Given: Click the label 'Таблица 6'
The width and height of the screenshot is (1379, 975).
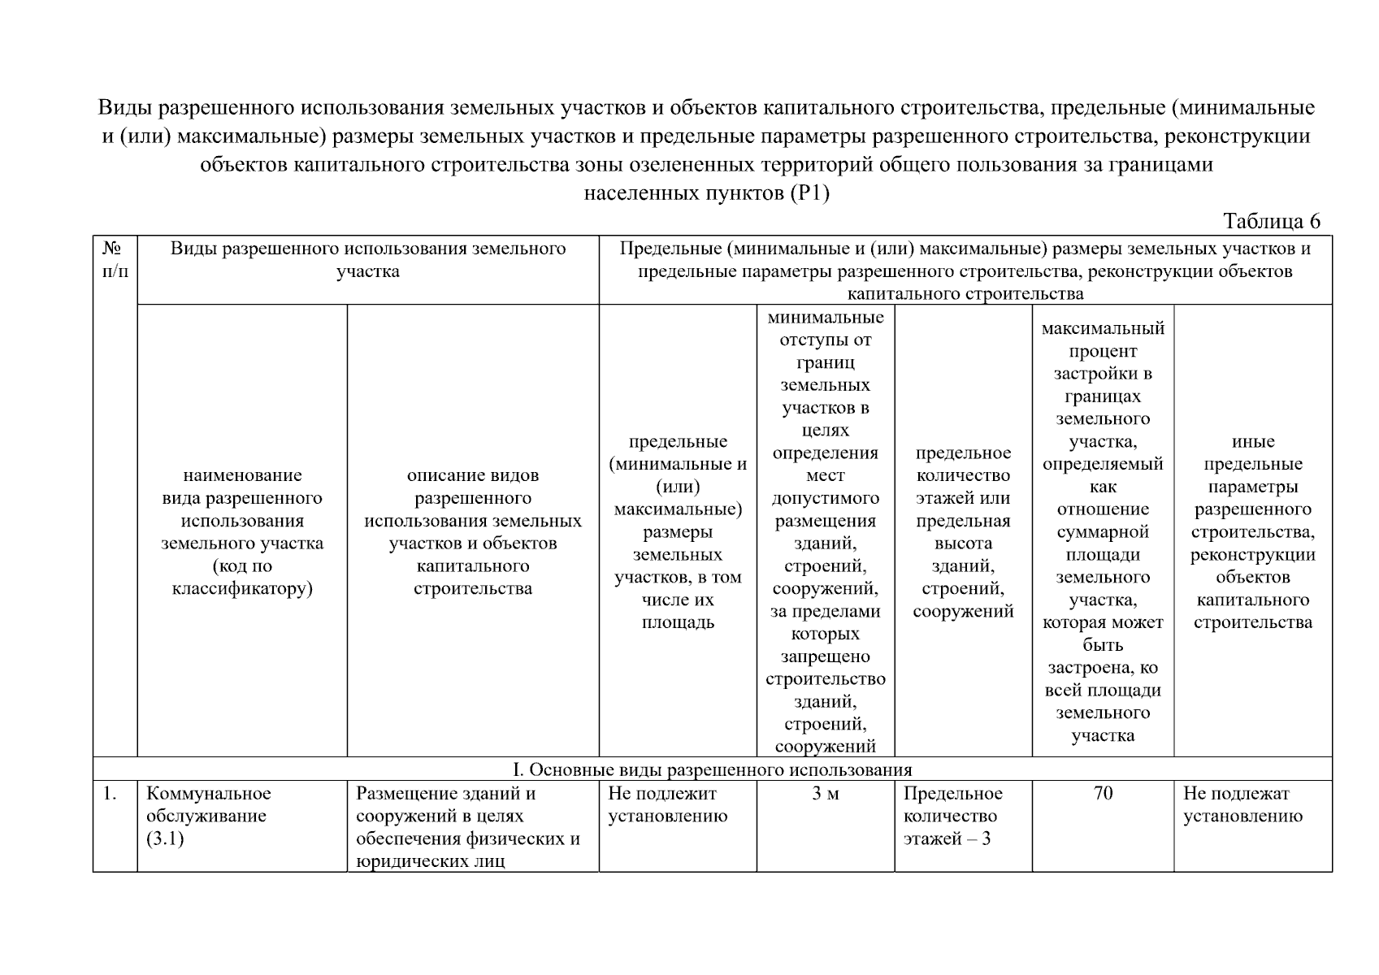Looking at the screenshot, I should tap(1272, 221).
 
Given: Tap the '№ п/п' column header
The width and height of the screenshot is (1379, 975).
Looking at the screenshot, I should tap(115, 259).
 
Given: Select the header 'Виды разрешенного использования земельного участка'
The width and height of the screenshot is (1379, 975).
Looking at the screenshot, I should tap(368, 260).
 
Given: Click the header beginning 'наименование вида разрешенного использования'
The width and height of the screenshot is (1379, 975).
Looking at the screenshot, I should tap(242, 531).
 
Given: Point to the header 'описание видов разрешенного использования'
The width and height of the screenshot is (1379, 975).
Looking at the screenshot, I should tap(473, 531).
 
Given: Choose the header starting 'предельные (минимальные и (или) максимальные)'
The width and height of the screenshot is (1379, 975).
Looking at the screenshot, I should tap(678, 531).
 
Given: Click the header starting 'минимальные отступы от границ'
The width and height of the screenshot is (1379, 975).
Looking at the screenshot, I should tap(826, 531).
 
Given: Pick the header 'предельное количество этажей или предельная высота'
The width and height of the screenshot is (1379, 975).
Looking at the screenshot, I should tap(963, 531).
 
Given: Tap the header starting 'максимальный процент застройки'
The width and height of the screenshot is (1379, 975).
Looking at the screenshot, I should tap(1103, 531).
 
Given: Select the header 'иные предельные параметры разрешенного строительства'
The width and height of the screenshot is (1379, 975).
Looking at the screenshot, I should tap(1253, 531).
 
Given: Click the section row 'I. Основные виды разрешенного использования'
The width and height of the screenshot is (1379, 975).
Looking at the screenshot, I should tap(712, 769).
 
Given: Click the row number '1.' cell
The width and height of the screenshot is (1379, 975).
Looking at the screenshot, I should tap(111, 794).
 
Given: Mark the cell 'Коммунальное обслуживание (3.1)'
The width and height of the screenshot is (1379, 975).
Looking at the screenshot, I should tap(209, 816).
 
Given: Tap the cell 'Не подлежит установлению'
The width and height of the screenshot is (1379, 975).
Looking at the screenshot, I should tap(668, 805).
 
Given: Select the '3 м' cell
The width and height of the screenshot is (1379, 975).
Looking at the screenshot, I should tap(826, 794).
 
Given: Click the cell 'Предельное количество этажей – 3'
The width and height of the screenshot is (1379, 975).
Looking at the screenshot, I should tap(952, 816).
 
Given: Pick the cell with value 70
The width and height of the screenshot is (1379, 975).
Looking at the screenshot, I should tap(1103, 794).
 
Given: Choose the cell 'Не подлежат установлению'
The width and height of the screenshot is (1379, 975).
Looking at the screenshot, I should tap(1242, 805).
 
